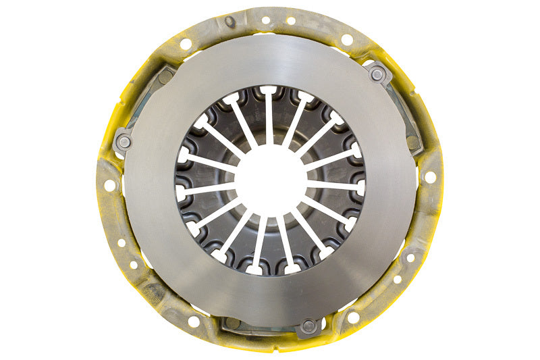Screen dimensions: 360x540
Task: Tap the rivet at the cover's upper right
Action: [x=377, y=74]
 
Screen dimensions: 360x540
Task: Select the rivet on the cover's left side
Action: [x=124, y=143]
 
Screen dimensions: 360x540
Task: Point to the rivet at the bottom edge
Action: [x=308, y=326]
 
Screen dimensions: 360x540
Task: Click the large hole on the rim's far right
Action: [x=429, y=177]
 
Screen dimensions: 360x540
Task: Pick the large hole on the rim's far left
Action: [x=110, y=184]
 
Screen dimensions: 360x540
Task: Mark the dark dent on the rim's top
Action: [x=230, y=22]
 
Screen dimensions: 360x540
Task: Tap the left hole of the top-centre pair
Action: [x=265, y=20]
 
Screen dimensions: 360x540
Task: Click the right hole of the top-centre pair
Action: [x=291, y=21]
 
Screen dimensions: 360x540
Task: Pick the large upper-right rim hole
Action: [x=347, y=40]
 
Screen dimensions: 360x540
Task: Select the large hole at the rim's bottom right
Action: [x=353, y=317]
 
